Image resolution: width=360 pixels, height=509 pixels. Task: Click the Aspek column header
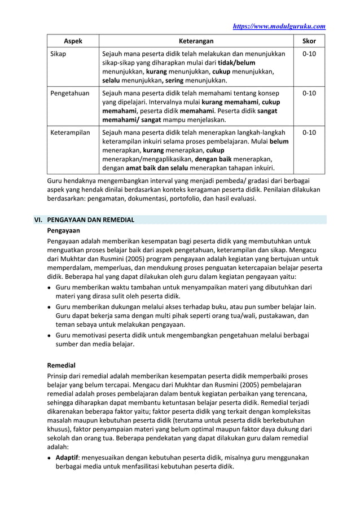72,41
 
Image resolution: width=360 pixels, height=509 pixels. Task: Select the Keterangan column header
196,41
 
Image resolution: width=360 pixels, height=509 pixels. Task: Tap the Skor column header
309,41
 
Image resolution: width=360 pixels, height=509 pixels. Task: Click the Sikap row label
58,54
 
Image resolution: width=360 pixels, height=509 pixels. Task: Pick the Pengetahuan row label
70,93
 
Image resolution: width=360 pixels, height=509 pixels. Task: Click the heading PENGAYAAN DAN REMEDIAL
90,220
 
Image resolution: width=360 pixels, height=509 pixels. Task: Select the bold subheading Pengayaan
63,231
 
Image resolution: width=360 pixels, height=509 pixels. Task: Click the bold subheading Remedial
61,365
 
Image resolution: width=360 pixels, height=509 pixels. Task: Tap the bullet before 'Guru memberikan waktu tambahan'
50,287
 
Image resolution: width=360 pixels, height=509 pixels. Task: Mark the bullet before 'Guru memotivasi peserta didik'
50,335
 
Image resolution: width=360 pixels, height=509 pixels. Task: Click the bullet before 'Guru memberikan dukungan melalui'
50,306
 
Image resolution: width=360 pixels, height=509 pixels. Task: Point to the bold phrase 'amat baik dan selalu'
159,168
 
